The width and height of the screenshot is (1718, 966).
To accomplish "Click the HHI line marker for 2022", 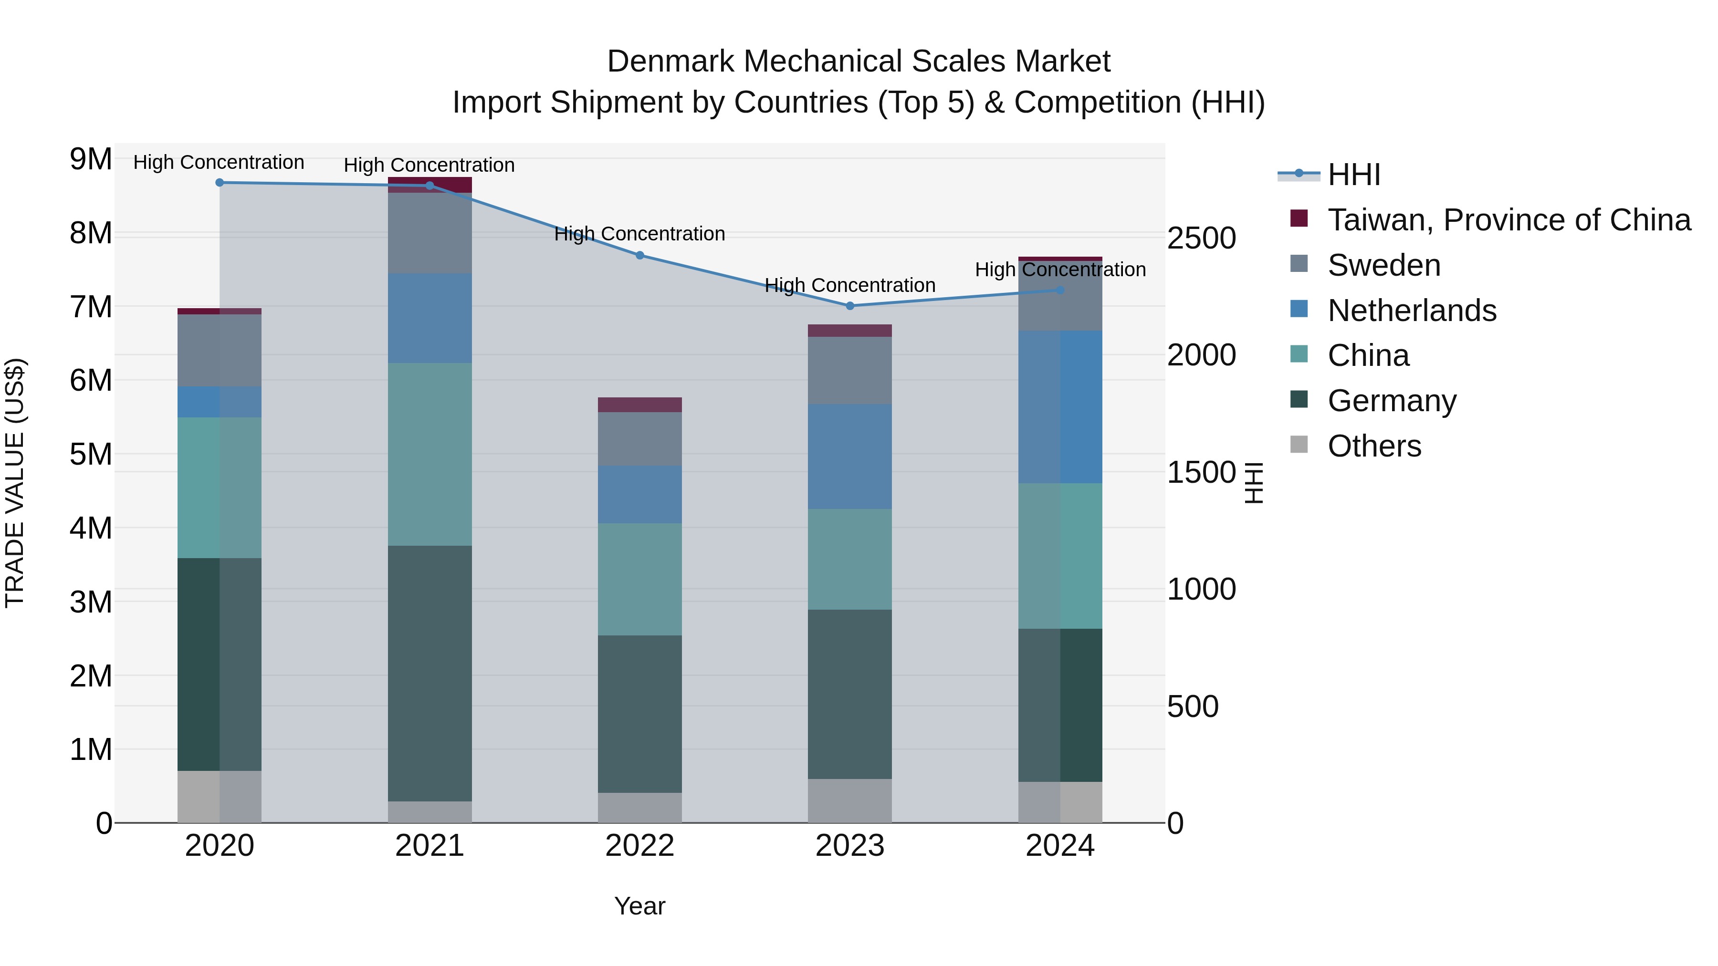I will [x=639, y=255].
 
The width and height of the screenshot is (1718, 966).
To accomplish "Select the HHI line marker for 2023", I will [x=849, y=306].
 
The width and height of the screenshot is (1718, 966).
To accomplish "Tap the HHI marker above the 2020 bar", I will [x=220, y=183].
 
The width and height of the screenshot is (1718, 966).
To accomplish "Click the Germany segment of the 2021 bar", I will [x=429, y=673].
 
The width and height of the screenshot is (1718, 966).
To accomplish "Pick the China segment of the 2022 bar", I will [x=639, y=579].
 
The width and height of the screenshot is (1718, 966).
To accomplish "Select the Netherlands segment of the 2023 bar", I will [x=849, y=457].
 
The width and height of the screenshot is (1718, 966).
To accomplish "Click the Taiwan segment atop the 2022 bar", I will [x=639, y=405].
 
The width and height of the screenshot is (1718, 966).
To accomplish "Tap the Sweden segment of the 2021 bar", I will [x=429, y=233].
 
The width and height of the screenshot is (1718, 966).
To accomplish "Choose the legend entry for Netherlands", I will [x=1411, y=311].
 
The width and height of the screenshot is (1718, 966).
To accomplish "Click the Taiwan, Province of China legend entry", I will [x=1508, y=220].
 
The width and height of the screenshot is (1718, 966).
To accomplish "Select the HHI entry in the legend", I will [x=1353, y=175].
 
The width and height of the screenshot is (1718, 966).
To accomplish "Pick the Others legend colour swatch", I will [x=1299, y=445].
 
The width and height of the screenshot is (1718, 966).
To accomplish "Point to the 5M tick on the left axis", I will [x=91, y=455].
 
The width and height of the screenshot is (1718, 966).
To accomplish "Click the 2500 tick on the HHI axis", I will [x=1201, y=239].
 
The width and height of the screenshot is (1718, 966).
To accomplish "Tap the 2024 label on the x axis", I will [x=1060, y=846].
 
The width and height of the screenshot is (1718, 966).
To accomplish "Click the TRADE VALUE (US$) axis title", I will [x=15, y=483].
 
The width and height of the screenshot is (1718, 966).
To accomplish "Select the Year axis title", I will [x=639, y=906].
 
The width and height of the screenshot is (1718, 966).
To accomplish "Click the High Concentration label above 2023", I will [x=849, y=285].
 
